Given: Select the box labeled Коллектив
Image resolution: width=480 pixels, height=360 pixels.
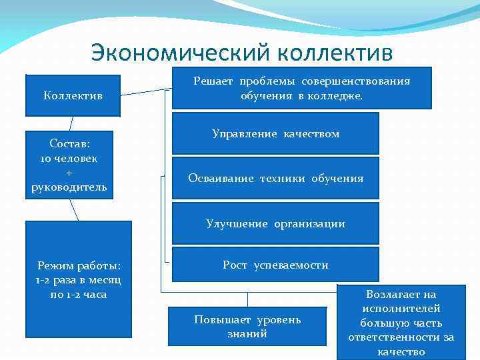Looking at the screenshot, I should pos(73,95).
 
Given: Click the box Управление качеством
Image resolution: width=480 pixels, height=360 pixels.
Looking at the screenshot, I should pos(275,134).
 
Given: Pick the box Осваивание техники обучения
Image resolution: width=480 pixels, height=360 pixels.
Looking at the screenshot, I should pos(275,178).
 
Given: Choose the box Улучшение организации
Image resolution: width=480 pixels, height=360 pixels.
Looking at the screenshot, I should pos(275,224).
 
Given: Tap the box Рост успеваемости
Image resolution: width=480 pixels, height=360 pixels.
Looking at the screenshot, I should pos(275,265).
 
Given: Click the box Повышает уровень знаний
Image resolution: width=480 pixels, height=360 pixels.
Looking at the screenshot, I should pos(247,326).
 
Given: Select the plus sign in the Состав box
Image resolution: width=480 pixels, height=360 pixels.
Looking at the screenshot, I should pos(69,171).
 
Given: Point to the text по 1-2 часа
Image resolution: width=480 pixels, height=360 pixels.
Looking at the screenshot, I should pos(78,294).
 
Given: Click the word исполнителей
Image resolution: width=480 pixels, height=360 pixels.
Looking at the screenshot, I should pos(401,309).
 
